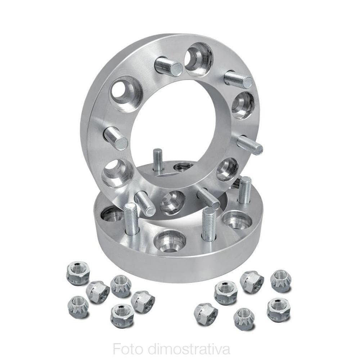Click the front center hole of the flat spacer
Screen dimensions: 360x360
point(170,241)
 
